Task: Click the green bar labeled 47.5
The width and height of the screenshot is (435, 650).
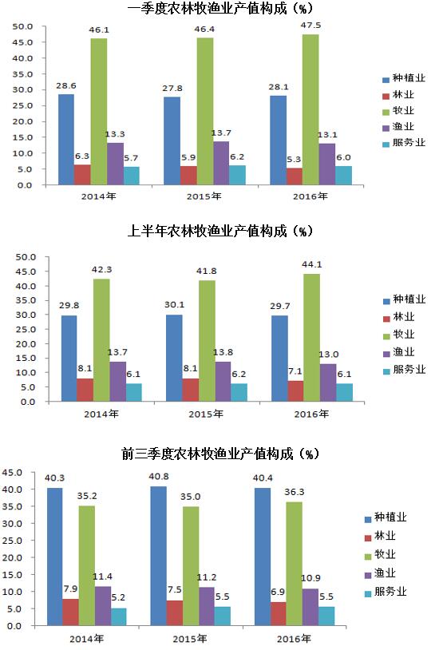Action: [x=310, y=109]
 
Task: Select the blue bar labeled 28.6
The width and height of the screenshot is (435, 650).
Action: [x=66, y=139]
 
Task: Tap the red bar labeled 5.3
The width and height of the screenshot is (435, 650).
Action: [x=295, y=176]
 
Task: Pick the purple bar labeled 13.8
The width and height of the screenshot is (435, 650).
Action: [x=223, y=382]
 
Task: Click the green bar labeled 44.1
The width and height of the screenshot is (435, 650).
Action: [x=312, y=338]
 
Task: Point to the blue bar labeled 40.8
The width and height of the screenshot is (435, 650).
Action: [x=158, y=556]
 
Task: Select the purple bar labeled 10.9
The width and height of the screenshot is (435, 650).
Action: [x=310, y=607]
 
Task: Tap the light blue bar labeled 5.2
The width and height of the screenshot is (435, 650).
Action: [x=118, y=616]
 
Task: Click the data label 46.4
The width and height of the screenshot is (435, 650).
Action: [x=204, y=30]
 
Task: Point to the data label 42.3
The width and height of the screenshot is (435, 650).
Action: [x=101, y=269]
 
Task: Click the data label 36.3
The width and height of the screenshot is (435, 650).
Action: [x=295, y=492]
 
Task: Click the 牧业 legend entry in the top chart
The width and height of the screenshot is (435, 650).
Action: [x=398, y=111]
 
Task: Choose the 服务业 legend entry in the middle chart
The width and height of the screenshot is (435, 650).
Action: [x=404, y=370]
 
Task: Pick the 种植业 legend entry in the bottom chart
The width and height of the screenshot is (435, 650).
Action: [x=386, y=517]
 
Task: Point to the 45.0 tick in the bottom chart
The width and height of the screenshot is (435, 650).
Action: [x=12, y=473]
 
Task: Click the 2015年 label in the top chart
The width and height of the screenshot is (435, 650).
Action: [x=204, y=196]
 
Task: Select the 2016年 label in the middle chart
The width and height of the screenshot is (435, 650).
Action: [x=311, y=414]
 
